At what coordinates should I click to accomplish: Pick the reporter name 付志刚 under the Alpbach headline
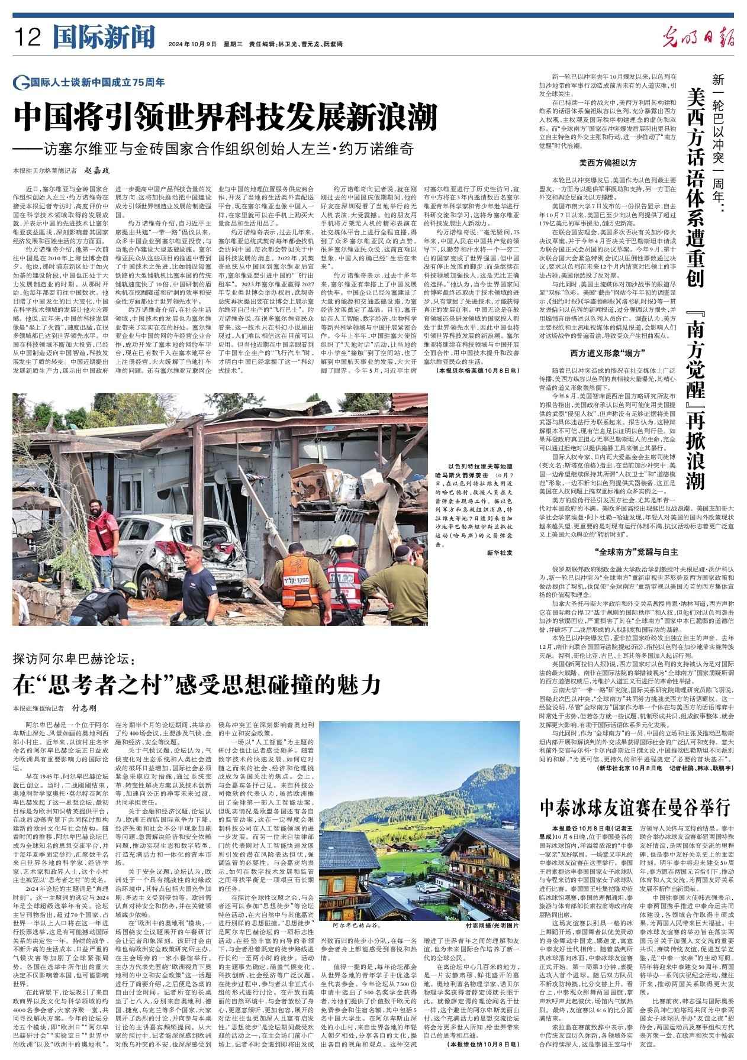pyautogui.click(x=84, y=708)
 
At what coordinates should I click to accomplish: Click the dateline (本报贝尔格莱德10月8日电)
pyautogui.click(x=479, y=370)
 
